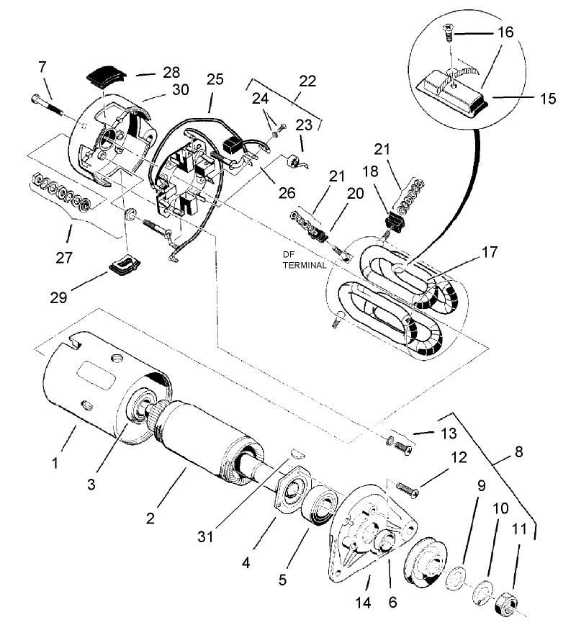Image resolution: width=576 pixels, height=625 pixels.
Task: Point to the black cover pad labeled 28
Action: click(x=106, y=74)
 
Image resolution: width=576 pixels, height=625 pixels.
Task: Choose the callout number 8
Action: click(x=518, y=454)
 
